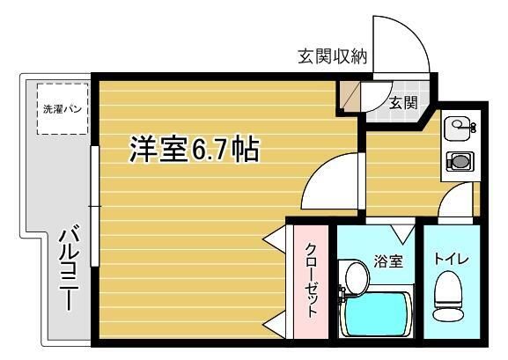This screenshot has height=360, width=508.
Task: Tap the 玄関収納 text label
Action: [x=333, y=58]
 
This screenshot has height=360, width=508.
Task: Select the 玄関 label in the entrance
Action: [x=403, y=101]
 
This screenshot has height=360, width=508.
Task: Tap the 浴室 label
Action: [x=388, y=261]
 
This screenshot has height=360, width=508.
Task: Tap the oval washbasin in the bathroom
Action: [x=356, y=276]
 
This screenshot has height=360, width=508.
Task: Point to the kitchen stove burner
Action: [x=458, y=162]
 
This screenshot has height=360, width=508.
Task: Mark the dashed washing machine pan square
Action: [x=63, y=108]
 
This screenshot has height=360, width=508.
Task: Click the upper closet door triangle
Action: [x=275, y=239]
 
